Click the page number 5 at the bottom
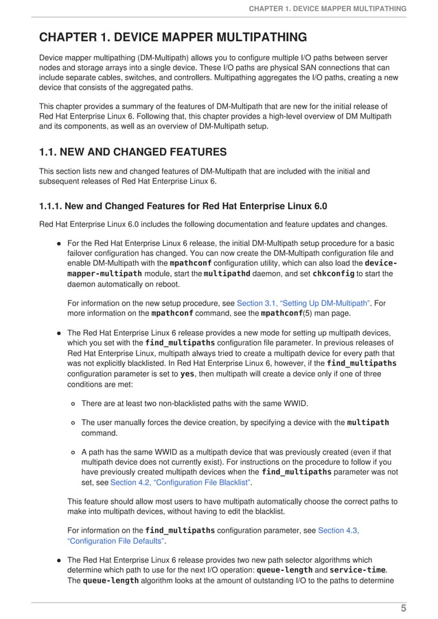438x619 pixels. (x=404, y=608)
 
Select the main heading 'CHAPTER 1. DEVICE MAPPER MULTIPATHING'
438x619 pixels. (x=173, y=37)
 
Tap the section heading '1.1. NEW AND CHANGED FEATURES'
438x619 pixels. (x=132, y=151)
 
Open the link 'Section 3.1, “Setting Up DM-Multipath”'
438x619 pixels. (x=303, y=303)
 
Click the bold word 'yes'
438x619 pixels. (x=187, y=375)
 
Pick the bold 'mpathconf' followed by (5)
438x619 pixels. (x=281, y=314)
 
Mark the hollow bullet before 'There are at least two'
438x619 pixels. (x=73, y=404)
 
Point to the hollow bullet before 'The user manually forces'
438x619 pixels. (x=73, y=423)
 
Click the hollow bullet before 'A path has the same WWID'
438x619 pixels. (x=73, y=452)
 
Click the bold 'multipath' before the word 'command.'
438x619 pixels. (x=368, y=422)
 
